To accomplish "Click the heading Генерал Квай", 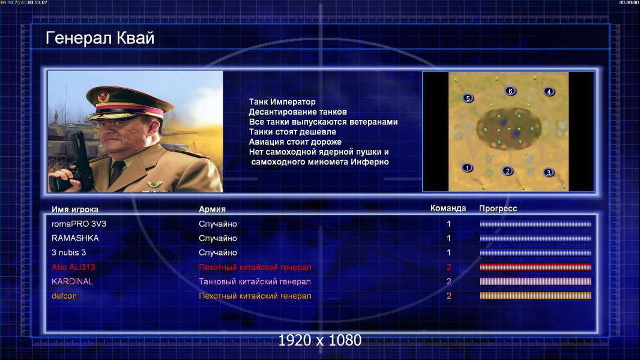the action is [100, 38].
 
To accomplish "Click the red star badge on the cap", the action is [103, 96].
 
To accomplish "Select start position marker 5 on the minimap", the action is [468, 98].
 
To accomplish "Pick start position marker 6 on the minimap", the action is [510, 91].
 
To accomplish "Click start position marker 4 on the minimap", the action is [549, 92].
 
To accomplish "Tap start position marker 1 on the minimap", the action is [467, 167].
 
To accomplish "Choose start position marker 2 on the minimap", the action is [507, 171].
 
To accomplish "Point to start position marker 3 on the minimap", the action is [549, 172].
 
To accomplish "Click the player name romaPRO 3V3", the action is [79, 224].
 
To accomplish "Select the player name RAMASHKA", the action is [75, 238].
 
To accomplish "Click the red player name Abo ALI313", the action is [73, 267].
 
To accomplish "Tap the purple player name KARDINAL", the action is [72, 281].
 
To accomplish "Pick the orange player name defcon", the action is [64, 296].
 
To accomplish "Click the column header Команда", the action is [448, 208].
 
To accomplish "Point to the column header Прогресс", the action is [498, 209].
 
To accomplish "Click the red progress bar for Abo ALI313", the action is [536, 267].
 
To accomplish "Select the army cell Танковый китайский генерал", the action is [255, 281].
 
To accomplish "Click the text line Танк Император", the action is [282, 102].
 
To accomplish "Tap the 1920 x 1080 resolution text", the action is [319, 340].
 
